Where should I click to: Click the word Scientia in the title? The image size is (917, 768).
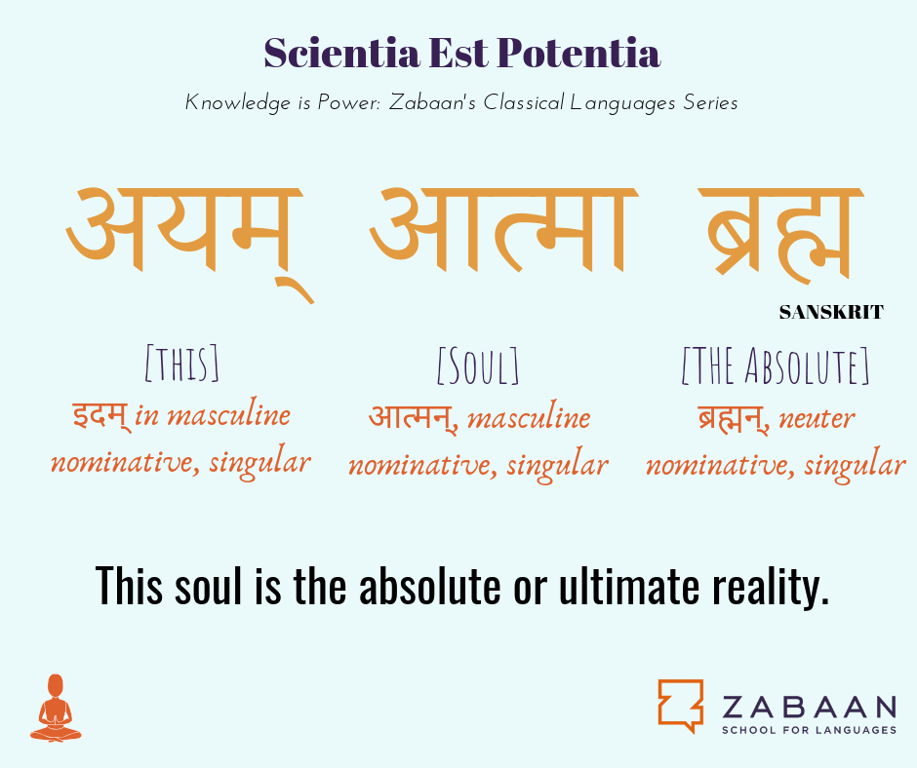click(x=341, y=54)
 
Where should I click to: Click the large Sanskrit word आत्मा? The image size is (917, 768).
click(x=503, y=230)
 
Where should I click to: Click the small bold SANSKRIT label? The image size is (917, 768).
click(x=831, y=313)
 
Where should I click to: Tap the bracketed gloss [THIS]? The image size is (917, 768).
click(x=181, y=364)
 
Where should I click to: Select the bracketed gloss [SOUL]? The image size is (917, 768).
click(x=478, y=365)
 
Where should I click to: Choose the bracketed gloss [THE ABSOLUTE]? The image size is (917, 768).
click(x=776, y=365)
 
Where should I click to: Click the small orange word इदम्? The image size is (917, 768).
click(x=100, y=416)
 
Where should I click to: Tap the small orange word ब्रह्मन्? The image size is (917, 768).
click(x=734, y=418)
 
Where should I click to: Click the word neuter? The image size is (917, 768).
click(x=817, y=419)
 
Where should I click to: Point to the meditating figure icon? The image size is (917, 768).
click(x=56, y=708)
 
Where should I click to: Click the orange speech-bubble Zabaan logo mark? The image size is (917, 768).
click(x=681, y=706)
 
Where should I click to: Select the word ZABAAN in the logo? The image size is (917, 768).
click(x=810, y=707)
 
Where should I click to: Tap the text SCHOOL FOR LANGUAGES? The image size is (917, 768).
click(x=810, y=730)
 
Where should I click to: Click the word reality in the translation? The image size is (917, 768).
click(x=771, y=586)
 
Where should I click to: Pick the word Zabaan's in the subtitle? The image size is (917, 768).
click(x=433, y=103)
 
